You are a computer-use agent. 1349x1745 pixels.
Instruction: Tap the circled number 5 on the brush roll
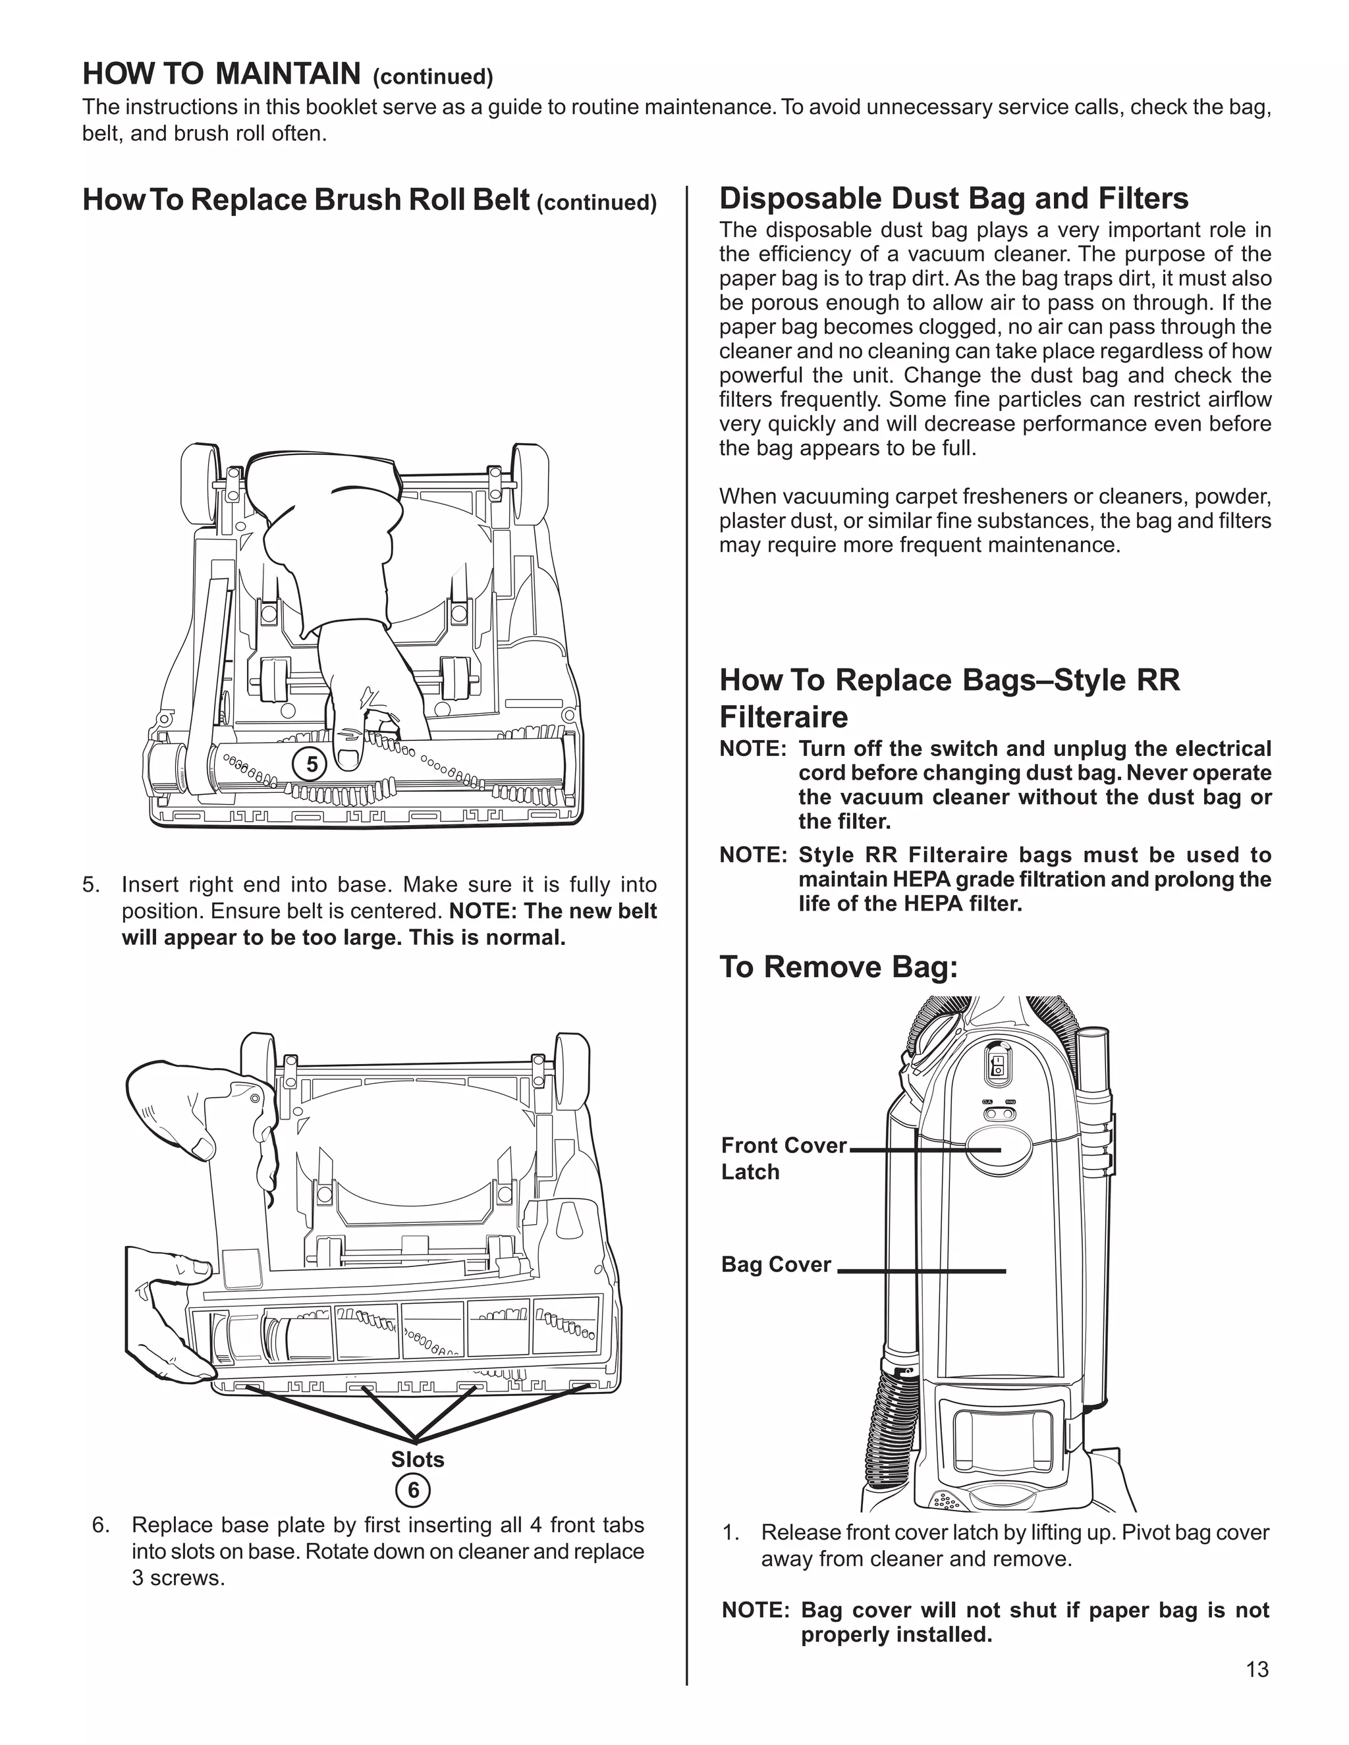[x=312, y=765]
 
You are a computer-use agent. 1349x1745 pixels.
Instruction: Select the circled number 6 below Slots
[x=413, y=1490]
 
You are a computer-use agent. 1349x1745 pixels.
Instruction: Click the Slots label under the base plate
[x=417, y=1459]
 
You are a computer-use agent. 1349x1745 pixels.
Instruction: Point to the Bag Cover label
[x=776, y=1264]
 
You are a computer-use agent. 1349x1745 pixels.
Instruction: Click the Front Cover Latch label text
[x=783, y=1158]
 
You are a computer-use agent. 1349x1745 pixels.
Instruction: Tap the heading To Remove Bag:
[x=839, y=967]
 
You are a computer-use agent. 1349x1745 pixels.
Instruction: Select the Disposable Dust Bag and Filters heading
[x=953, y=198]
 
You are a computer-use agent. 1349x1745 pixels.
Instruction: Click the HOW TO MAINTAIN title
[x=221, y=74]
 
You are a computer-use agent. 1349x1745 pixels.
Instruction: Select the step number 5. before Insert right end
[x=91, y=884]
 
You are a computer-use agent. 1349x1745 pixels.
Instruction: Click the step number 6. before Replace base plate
[x=101, y=1524]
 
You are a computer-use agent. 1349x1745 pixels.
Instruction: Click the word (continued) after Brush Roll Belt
[x=597, y=203]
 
